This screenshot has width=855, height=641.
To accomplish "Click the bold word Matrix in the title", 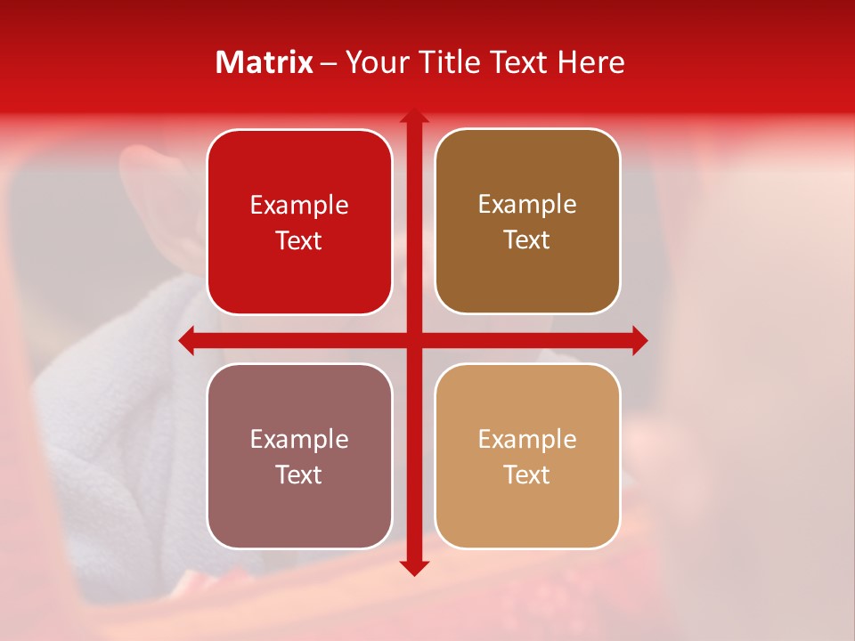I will [265, 62].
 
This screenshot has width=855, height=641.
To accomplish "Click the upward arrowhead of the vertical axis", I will [414, 117].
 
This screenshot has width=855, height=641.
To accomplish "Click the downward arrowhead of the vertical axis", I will [414, 567].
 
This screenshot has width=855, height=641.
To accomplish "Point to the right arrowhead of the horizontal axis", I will [639, 341].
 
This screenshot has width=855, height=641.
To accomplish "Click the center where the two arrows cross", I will [414, 341].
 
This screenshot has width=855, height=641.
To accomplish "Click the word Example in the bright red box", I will [299, 206].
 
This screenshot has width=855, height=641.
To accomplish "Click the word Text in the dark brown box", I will [527, 240].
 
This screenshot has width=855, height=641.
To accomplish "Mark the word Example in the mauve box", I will [299, 440].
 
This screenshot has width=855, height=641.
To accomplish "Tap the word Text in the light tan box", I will [527, 475].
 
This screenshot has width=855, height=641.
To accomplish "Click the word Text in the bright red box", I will [299, 241].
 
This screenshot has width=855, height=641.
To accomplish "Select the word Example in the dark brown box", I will [527, 205].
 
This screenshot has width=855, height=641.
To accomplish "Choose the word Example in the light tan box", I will [527, 440].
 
